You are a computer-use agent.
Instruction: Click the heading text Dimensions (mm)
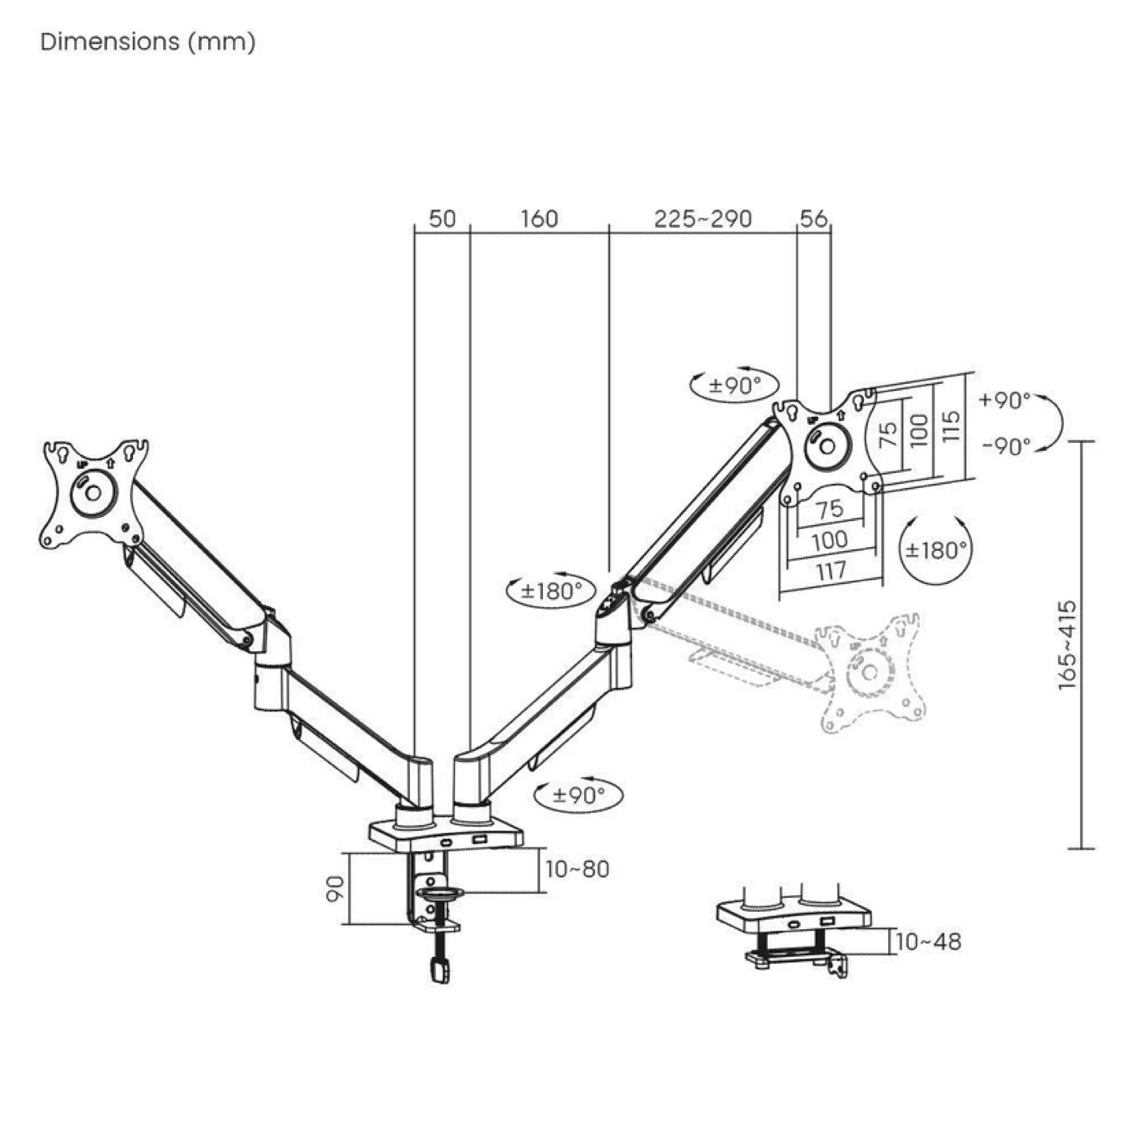point(148,42)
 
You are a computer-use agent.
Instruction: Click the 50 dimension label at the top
point(442,218)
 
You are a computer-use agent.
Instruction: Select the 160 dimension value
point(539,218)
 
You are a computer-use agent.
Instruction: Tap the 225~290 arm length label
point(702,218)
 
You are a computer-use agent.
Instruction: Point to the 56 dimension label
point(813,218)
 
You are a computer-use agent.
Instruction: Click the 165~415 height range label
point(1067,646)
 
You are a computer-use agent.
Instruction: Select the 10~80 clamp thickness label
point(577,869)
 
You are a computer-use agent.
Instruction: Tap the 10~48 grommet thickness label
point(928,941)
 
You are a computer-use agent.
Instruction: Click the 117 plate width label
point(831,570)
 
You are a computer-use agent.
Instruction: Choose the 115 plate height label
point(951,426)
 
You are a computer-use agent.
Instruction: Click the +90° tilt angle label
point(1005,400)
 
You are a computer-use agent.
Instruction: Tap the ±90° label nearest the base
point(579,794)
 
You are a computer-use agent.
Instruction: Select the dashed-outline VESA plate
point(869,672)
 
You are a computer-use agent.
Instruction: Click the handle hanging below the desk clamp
point(439,969)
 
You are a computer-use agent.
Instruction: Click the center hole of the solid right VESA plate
point(828,446)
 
